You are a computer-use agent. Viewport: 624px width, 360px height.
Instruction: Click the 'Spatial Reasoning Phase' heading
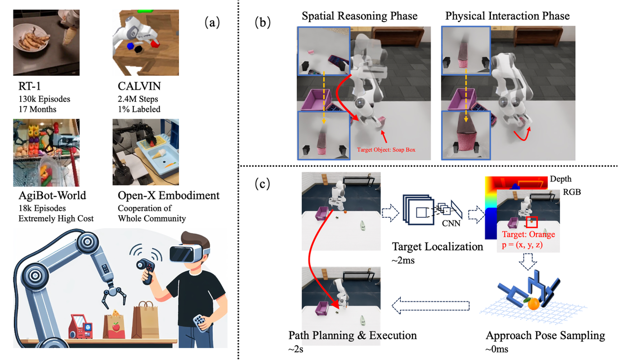359,16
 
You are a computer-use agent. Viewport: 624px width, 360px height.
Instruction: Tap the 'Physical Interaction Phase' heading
507,16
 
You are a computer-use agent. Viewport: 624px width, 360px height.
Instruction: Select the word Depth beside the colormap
560,180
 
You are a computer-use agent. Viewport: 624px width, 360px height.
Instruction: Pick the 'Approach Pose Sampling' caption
545,336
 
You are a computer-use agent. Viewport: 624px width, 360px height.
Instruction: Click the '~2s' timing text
296,349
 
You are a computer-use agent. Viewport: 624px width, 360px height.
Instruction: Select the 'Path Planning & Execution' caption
352,336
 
